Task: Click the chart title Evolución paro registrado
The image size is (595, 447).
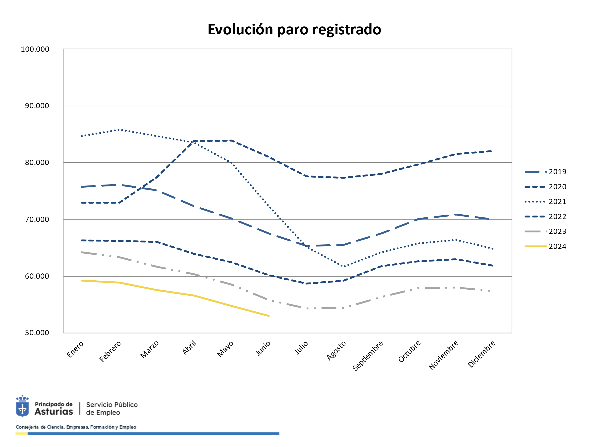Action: click(x=294, y=29)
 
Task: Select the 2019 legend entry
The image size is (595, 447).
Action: click(x=557, y=172)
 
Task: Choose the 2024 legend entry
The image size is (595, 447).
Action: click(x=557, y=247)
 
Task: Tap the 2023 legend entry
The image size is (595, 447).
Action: click(x=557, y=231)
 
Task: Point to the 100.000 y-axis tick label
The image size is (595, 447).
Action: click(x=35, y=49)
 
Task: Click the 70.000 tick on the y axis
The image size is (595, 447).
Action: click(x=37, y=220)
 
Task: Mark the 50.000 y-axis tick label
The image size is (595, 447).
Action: click(x=37, y=333)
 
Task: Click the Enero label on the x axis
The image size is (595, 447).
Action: click(x=75, y=349)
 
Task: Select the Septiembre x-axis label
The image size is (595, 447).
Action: click(x=367, y=356)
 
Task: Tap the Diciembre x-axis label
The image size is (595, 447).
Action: click(x=481, y=354)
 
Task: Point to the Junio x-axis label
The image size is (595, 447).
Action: click(x=263, y=349)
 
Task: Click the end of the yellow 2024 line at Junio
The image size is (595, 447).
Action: click(x=269, y=316)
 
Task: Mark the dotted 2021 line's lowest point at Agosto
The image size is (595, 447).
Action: click(x=344, y=266)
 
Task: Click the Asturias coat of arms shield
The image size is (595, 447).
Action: click(x=22, y=408)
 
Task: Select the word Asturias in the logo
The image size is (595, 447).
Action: click(x=54, y=412)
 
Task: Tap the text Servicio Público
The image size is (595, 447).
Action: click(x=112, y=405)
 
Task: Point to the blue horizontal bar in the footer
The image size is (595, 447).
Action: click(x=153, y=434)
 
